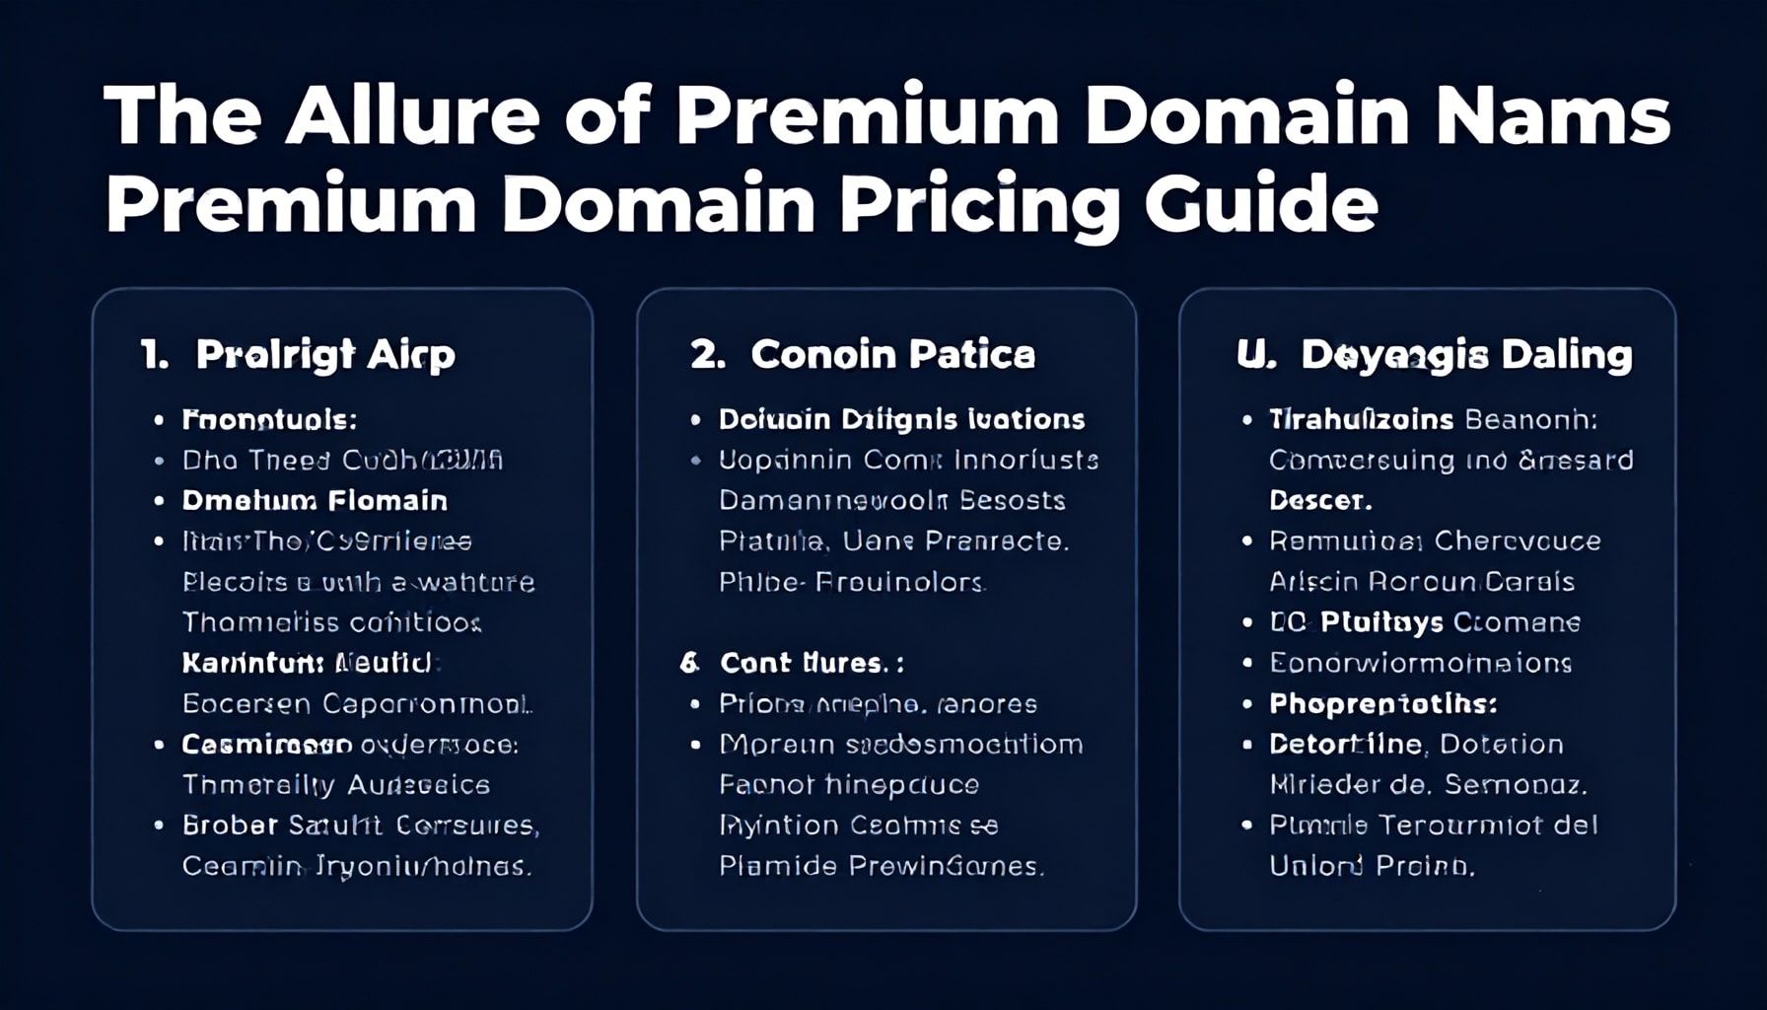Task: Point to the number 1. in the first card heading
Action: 155,354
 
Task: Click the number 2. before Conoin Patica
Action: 708,354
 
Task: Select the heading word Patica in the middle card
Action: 971,354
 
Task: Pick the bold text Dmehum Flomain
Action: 315,500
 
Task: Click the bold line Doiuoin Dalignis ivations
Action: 901,419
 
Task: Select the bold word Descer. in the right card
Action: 1319,500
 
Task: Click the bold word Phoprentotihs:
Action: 1382,703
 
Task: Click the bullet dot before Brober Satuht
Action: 159,825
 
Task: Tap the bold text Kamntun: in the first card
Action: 252,663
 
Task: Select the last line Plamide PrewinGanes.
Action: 881,866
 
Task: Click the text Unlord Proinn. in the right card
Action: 1371,866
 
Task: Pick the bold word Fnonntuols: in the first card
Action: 269,419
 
